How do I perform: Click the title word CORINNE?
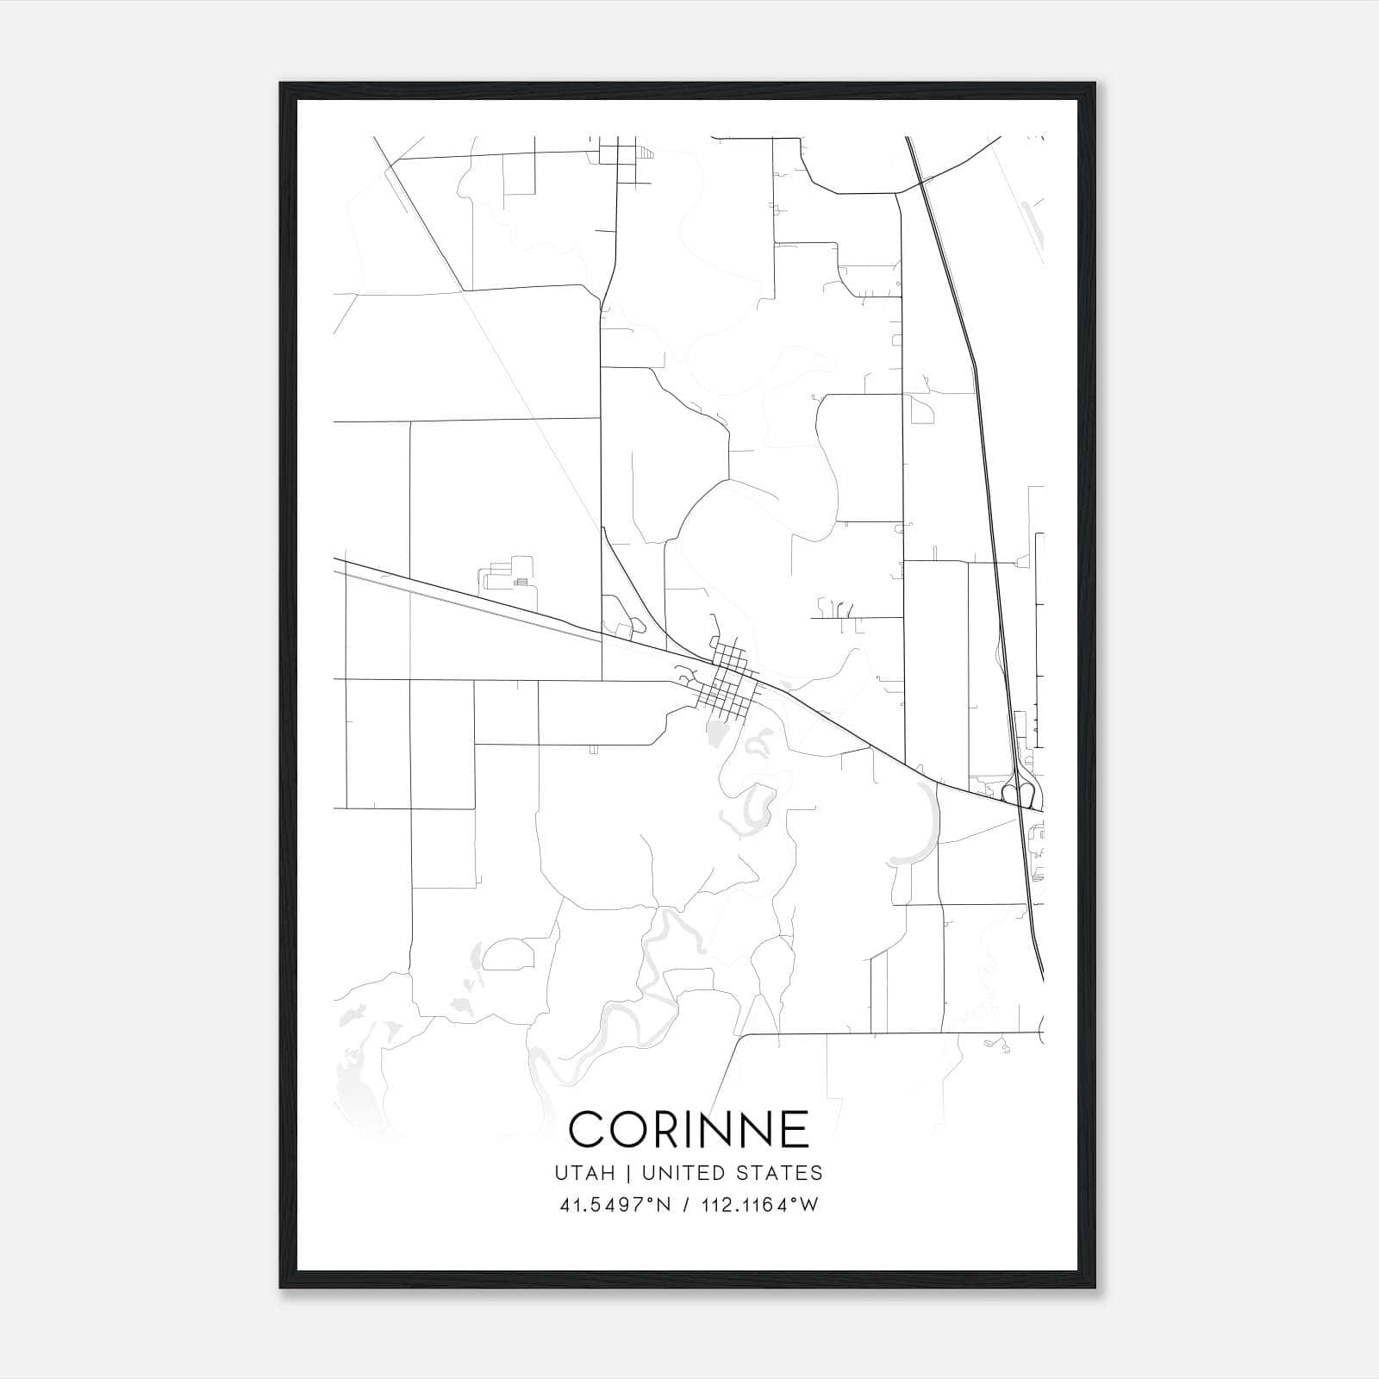tap(689, 1129)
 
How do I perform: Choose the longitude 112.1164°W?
tap(759, 1205)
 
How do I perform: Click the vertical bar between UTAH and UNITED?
tap(633, 1173)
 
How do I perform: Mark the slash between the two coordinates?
tap(685, 1205)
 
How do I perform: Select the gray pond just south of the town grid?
tap(715, 735)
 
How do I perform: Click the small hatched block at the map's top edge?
tap(646, 154)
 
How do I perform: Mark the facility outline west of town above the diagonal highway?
tap(509, 573)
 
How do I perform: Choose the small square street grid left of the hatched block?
tap(617, 155)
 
